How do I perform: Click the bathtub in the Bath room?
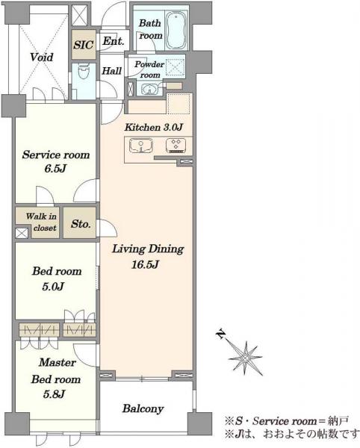pos(177,30)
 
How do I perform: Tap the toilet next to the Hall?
pos(84,72)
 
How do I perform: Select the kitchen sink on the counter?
pos(141,146)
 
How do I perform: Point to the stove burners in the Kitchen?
pos(176,146)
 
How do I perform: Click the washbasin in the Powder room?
pos(149,89)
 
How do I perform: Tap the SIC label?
pos(83,45)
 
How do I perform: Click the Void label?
pos(42,57)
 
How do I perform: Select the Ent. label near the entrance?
pos(113,41)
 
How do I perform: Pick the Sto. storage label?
pos(81,224)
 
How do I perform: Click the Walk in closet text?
pos(41,222)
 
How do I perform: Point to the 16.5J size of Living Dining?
pos(145,264)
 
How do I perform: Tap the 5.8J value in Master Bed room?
pos(54,394)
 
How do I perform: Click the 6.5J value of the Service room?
pos(55,169)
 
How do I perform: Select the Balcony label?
pos(143,409)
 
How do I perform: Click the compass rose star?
pos(246,358)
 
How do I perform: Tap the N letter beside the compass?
pos(220,334)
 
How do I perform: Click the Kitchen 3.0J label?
pos(153,127)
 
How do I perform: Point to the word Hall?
pos(112,71)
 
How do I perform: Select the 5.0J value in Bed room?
pos(53,286)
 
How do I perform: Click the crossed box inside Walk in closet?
pos(22,233)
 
